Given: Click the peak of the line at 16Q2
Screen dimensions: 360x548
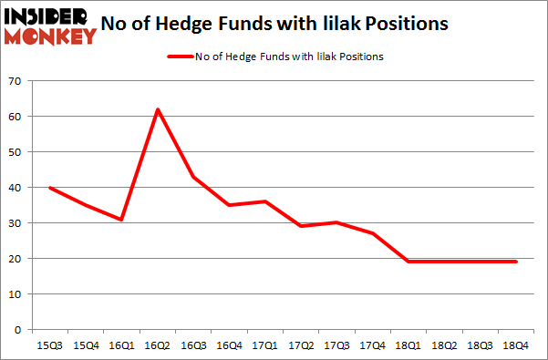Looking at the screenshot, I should [x=157, y=109].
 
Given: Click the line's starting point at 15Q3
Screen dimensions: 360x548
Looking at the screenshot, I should [x=49, y=188].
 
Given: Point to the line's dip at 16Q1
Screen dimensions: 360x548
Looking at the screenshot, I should [x=120, y=220].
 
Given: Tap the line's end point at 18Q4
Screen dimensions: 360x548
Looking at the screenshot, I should [x=517, y=262].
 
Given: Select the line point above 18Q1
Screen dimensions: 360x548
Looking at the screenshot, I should [x=408, y=262].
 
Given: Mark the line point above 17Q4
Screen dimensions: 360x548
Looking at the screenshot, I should [x=373, y=233].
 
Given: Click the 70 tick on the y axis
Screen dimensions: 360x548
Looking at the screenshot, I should [x=16, y=82].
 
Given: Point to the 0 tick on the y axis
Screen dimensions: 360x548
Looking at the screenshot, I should [x=18, y=329].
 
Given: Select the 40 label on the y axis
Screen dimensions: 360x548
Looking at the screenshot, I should [x=16, y=188].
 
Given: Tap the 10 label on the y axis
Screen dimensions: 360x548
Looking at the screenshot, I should [x=16, y=293].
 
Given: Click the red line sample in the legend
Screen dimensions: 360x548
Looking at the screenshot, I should [x=179, y=57].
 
